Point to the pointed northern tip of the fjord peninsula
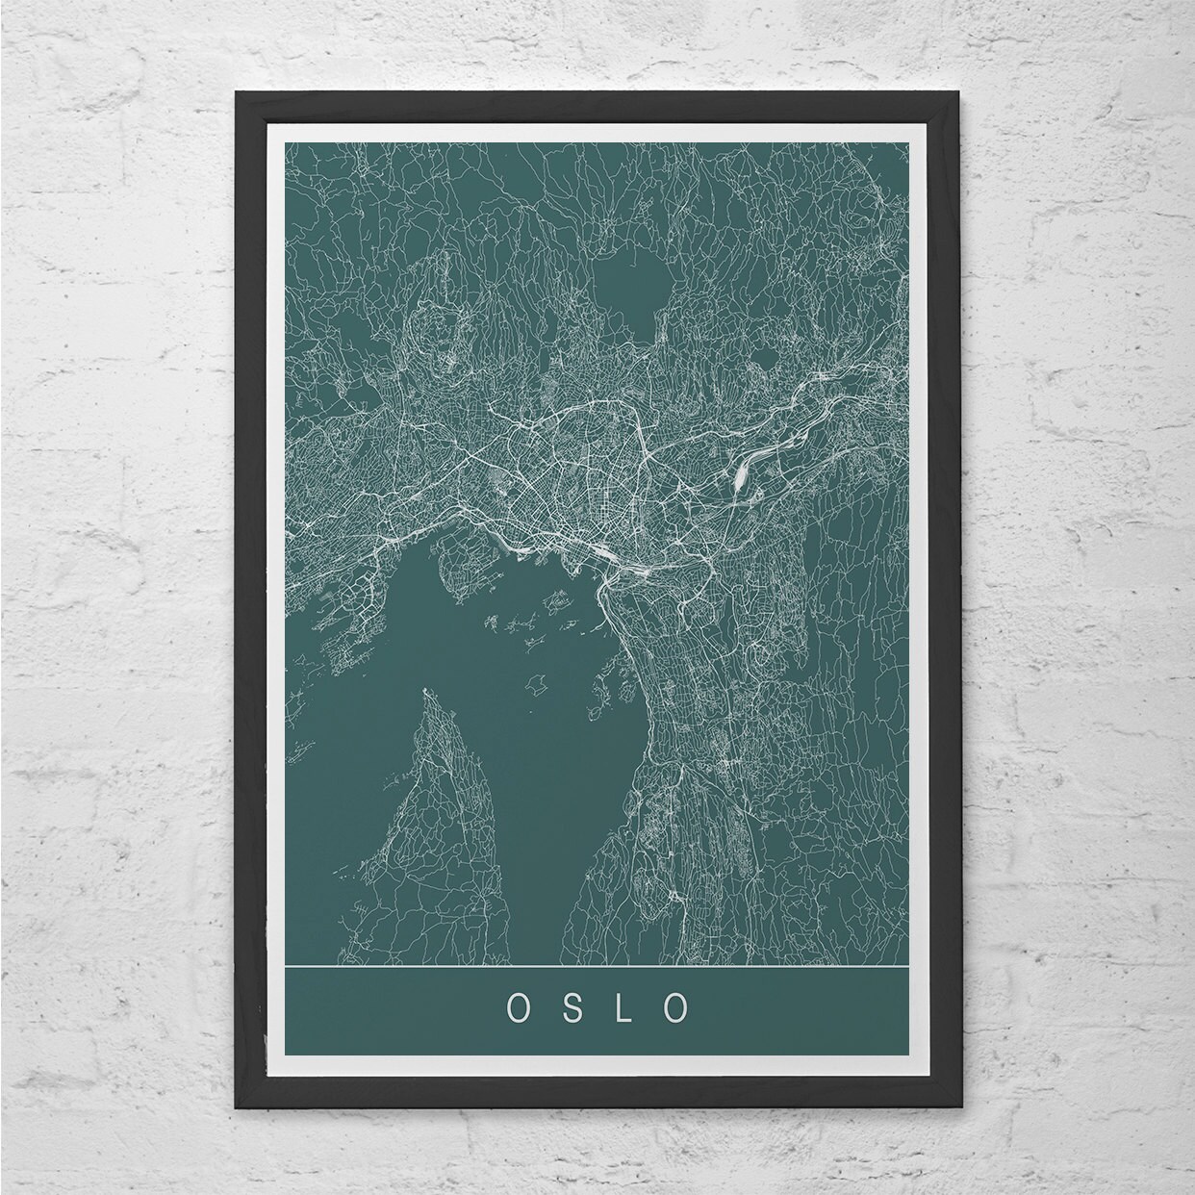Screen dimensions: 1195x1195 point(424,692)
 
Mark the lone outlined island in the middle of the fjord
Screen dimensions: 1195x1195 point(535,684)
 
